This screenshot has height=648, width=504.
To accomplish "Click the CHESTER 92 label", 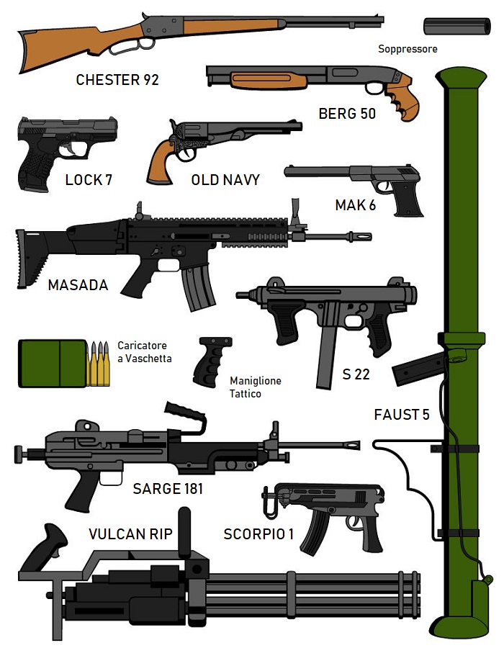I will tap(117, 79).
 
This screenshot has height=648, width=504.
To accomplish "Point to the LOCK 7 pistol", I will tap(61, 144).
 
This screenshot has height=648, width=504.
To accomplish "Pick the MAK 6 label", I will tap(355, 205).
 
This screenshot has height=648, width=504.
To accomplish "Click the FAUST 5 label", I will tap(402, 415).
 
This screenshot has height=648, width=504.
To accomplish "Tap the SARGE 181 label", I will tap(168, 489).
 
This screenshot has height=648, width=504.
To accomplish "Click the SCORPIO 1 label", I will tap(258, 534).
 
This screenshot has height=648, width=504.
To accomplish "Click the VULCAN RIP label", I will tap(130, 534).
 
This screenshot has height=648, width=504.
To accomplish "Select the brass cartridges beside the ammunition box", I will tap(99, 364).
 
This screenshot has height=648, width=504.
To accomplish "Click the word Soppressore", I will tap(408, 49).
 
